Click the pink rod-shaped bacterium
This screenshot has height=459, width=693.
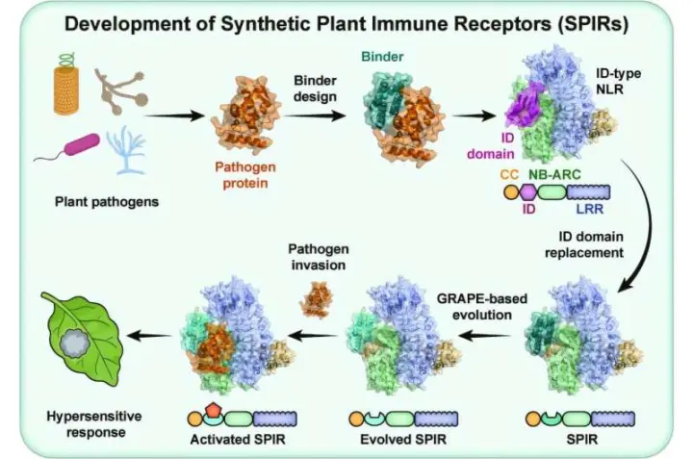tap(82, 145)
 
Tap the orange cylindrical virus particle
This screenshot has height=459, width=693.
tap(66, 90)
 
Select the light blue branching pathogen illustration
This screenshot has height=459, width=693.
tap(127, 149)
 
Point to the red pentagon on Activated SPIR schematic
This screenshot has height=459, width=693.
tap(214, 410)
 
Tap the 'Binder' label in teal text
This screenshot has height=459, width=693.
tap(382, 57)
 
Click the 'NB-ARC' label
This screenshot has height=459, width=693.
tap(554, 174)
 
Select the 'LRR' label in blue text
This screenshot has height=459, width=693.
tap(590, 209)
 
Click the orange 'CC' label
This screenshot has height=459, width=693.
tap(509, 174)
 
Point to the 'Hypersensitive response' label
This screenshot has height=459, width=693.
tap(94, 424)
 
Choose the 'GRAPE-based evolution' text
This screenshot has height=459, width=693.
tap(482, 307)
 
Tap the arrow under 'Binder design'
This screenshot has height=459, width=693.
tap(315, 116)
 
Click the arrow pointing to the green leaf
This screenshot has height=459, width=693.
tap(149, 336)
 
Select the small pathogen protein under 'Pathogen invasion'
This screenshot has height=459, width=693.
tap(316, 299)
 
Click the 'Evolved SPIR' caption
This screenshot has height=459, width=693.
tap(403, 440)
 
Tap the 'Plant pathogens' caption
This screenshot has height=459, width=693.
tap(107, 202)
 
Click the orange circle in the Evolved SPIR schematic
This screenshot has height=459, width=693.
tap(356, 419)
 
